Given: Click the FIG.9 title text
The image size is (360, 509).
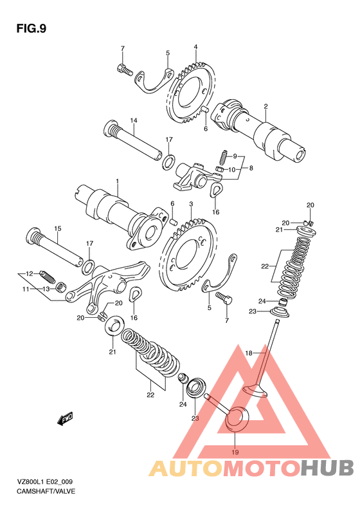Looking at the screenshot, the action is click(32, 29).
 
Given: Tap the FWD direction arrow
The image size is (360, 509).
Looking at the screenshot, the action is click(65, 419).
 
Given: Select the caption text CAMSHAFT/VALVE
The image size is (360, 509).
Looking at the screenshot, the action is click(46, 491).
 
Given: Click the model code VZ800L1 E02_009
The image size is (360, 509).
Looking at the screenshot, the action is click(45, 482).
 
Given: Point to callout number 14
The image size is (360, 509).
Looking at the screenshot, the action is click(134, 120).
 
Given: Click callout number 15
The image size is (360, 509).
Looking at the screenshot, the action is click(57, 228).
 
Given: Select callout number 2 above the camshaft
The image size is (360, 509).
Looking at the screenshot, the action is click(265, 106).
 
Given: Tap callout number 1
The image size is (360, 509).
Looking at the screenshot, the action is click(118, 180).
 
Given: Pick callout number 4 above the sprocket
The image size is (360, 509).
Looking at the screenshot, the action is click(196, 47).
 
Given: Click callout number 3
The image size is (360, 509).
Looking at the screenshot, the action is click(192, 204).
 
